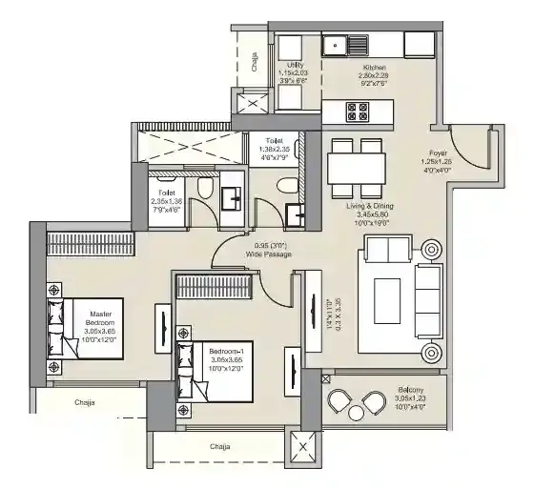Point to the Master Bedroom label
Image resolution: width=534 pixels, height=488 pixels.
[x=101, y=319]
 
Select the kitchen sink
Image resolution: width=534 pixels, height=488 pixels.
[x=343, y=44]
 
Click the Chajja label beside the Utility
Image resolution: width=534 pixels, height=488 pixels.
[x=255, y=63]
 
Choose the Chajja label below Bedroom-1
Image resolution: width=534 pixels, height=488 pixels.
[x=221, y=445]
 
